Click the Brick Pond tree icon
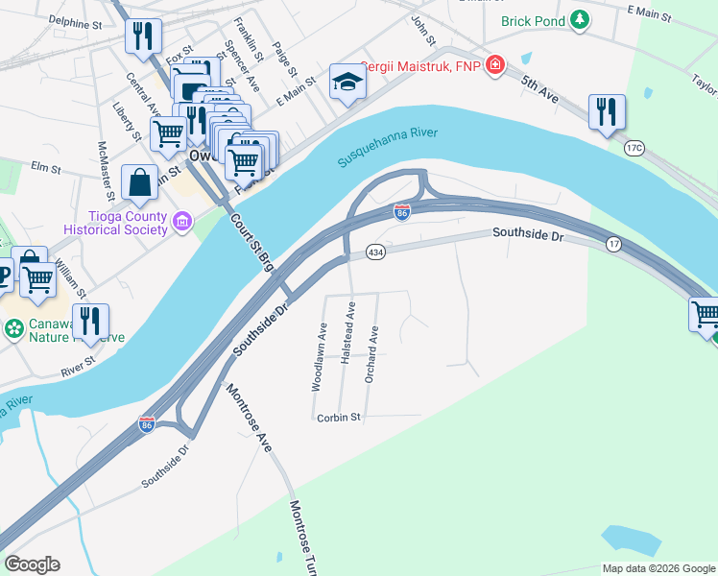[580, 19]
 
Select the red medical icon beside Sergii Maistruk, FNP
[494, 66]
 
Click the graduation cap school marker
[347, 83]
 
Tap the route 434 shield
[375, 252]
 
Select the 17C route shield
[634, 148]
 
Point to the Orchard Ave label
[371, 354]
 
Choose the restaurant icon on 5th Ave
[607, 112]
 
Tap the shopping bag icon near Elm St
[140, 182]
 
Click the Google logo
[32, 564]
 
